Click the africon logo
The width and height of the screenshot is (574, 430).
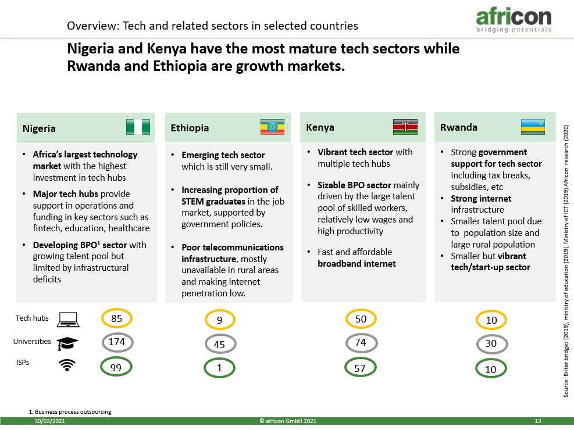tap(514, 20)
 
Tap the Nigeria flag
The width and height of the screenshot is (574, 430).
tap(138, 127)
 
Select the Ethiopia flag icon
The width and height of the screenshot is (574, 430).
tap(272, 127)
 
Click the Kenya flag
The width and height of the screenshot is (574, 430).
tap(405, 127)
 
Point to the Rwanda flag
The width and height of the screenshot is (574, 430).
tap(533, 127)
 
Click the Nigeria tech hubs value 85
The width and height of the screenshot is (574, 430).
tap(116, 318)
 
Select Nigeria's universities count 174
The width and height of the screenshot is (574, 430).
tap(117, 342)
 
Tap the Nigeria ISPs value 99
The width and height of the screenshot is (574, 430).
tap(116, 367)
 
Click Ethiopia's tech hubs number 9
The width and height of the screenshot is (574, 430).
tap(220, 320)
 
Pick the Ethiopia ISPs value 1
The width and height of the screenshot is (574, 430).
tap(219, 368)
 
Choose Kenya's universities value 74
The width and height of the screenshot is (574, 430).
tap(361, 343)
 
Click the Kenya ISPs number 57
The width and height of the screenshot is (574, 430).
tap(360, 368)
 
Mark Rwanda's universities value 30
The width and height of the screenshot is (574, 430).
tap(491, 343)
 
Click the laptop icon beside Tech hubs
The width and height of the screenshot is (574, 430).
tap(68, 319)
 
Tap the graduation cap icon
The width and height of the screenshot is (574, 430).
tap(67, 343)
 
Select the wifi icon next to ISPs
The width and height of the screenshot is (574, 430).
tap(67, 365)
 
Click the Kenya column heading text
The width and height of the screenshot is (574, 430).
tap(320, 127)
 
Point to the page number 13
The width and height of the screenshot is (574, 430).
tap(538, 421)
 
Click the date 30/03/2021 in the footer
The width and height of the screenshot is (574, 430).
tap(50, 421)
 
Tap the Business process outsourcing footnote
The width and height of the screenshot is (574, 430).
tap(70, 412)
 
